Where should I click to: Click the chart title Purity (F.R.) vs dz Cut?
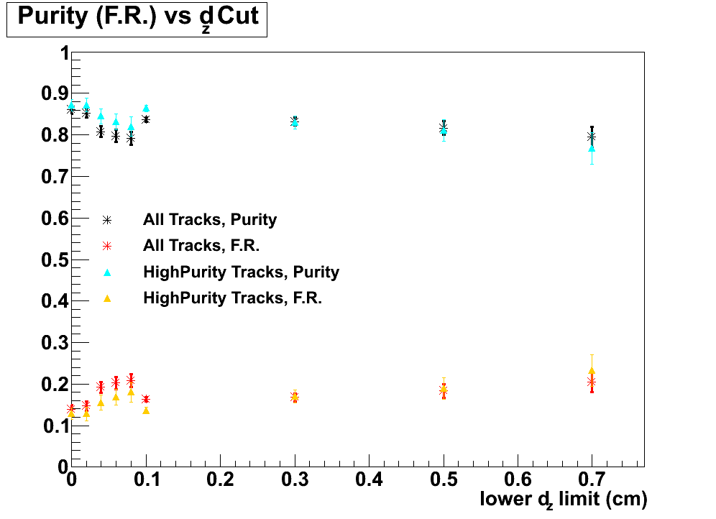pos(137,18)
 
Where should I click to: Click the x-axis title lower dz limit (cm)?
pos(564,499)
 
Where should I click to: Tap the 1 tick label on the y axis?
pos(63,54)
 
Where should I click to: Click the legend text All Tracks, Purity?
pos(210,219)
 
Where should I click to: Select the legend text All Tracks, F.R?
pos(201,246)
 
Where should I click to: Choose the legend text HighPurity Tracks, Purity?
pos(241,272)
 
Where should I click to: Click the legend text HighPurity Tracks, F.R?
pos(232,298)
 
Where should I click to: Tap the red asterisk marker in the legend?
pos(107,246)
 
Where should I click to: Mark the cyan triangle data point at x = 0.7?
pos(592,148)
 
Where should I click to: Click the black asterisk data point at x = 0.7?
pos(592,136)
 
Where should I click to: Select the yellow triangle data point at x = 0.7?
pos(592,371)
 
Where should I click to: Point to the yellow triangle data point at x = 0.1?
pos(146,410)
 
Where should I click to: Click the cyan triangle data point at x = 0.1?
pos(146,108)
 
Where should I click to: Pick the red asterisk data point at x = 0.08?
pos(131,380)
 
